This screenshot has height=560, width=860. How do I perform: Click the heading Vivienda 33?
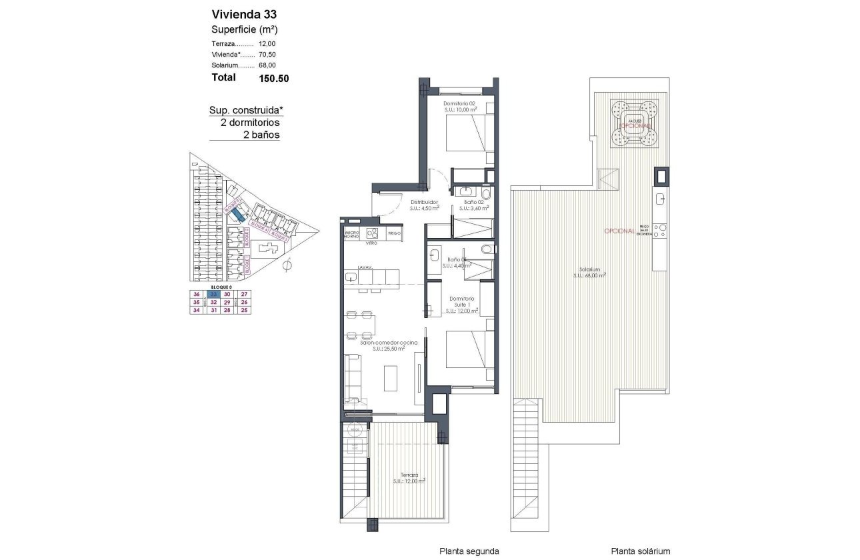244,14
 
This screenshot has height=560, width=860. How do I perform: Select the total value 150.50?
273,78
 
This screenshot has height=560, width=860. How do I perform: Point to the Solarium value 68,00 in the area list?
267,65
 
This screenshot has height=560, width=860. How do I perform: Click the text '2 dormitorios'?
249,123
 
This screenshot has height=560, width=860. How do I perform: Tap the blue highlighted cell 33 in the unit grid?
212,294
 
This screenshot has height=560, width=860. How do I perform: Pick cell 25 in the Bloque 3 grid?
244,309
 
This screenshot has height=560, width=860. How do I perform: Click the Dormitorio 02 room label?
459,104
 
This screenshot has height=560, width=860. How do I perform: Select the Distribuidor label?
423,202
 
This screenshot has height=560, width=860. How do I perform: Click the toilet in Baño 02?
485,194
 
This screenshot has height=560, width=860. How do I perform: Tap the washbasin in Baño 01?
434,253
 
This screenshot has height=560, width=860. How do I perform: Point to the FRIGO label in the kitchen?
394,234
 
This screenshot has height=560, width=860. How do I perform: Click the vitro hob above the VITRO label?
372,233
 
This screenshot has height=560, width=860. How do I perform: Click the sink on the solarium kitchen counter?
659,198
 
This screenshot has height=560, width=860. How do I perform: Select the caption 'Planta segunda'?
469,551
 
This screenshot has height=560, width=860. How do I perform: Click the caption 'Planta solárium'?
640,551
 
